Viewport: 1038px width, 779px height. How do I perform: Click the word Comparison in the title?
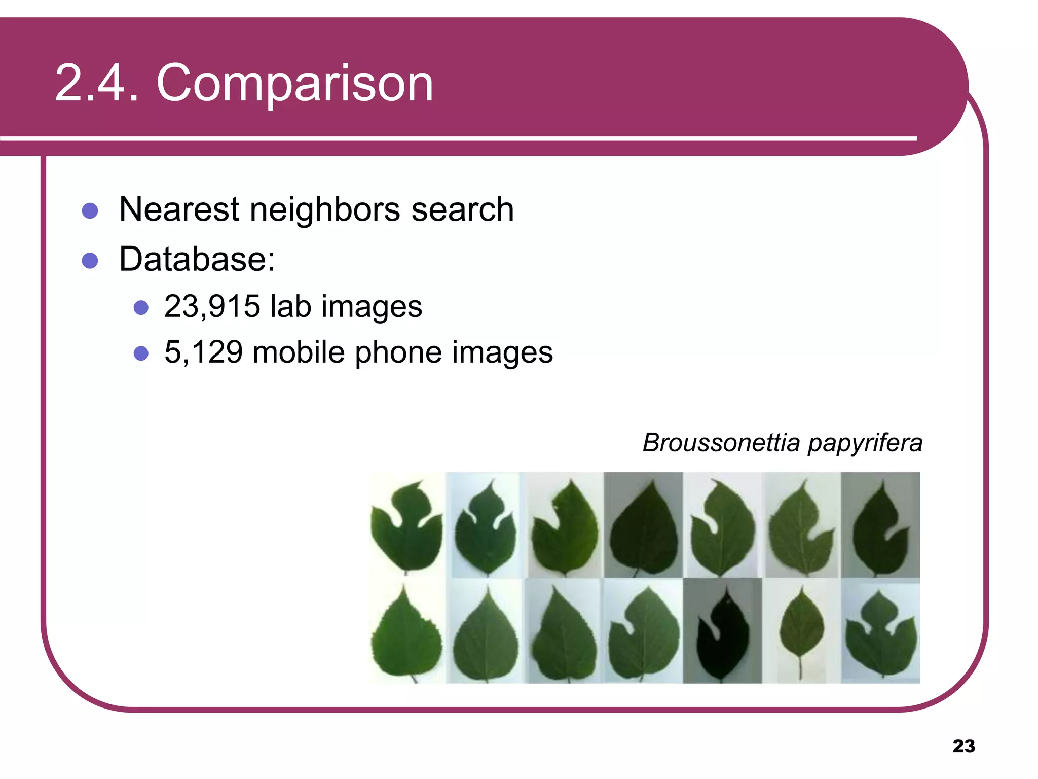294,84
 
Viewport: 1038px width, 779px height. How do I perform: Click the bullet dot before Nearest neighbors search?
90,210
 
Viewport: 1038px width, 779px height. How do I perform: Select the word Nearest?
179,209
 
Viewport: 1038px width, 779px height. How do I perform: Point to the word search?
462,209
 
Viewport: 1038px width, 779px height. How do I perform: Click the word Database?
197,259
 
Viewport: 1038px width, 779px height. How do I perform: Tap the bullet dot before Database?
90,261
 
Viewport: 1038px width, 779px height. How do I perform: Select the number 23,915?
212,306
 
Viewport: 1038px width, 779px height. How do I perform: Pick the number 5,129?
203,352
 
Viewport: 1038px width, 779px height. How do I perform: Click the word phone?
398,352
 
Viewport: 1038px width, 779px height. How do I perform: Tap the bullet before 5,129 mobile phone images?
141,353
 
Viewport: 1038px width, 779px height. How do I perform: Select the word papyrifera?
865,443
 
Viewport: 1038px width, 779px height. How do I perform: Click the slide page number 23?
963,746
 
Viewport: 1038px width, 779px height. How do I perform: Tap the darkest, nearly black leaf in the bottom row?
722,634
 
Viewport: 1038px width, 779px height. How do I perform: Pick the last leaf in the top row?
881,527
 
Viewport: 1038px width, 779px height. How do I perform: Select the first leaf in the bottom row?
406,634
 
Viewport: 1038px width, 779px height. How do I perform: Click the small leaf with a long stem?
801,629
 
